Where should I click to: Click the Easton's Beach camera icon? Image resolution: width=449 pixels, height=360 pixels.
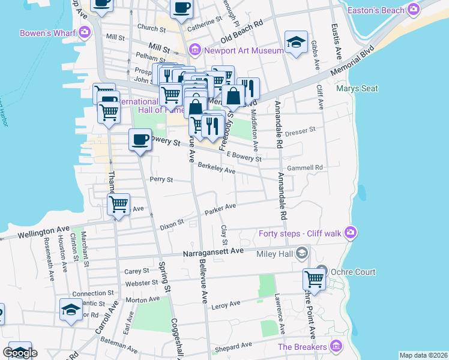click(413, 9)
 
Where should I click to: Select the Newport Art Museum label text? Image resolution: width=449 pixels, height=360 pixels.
click(243, 50)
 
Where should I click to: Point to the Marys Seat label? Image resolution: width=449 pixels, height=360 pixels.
click(357, 89)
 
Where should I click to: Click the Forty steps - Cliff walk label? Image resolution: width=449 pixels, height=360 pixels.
click(300, 233)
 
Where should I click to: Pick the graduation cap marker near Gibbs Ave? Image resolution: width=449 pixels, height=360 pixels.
click(296, 42)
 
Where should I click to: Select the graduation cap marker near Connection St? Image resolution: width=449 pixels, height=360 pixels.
click(71, 310)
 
